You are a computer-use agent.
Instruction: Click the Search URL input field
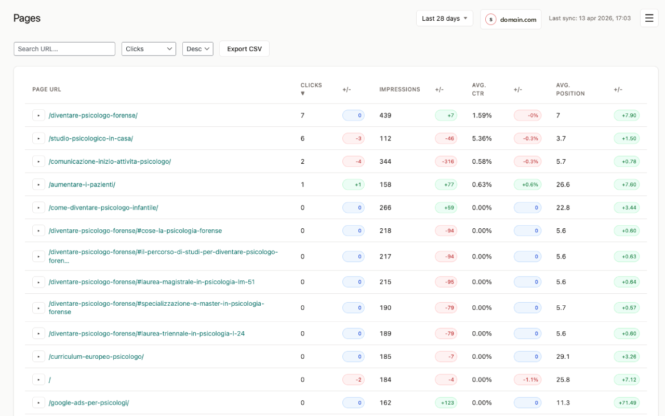64,49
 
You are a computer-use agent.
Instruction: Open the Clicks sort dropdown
149,49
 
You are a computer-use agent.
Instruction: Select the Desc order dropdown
197,49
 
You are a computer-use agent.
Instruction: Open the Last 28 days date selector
444,18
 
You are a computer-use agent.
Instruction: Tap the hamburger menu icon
649,18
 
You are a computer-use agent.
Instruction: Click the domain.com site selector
511,19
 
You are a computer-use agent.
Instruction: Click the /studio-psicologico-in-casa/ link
91,138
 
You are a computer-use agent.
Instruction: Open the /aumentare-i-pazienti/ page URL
82,185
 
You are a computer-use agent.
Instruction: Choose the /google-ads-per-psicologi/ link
89,402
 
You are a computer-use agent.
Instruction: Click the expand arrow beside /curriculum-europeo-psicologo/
38,357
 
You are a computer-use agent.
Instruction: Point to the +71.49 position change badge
627,402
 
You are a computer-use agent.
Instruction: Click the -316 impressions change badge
446,162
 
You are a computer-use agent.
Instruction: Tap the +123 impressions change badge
446,402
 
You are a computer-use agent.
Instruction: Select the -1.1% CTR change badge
527,380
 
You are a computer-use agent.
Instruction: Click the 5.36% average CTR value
482,138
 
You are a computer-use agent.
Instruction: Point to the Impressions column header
400,89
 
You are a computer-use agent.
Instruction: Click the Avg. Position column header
570,89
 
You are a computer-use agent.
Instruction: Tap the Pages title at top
27,18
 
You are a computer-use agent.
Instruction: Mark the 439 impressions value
385,115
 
